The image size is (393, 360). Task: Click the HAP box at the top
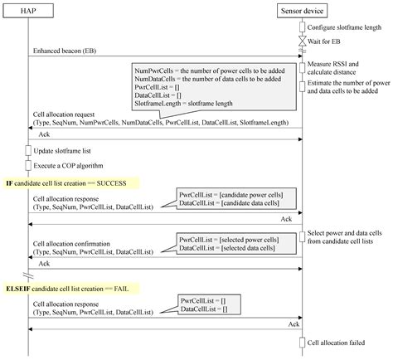point(28,11)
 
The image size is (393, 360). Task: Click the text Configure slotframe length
point(342,27)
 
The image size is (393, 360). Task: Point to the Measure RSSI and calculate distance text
point(337,69)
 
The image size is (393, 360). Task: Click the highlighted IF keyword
point(9,182)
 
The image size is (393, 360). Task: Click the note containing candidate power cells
point(230,200)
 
